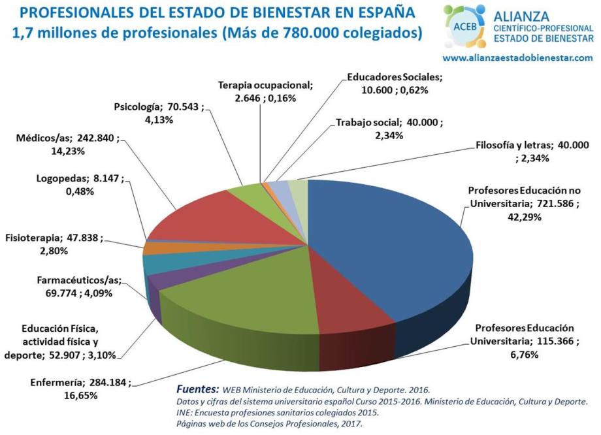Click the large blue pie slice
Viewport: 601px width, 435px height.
click(385, 248)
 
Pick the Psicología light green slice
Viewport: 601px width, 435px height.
click(245, 196)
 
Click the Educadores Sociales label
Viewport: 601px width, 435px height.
click(395, 77)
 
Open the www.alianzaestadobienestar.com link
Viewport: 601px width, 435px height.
click(517, 57)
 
